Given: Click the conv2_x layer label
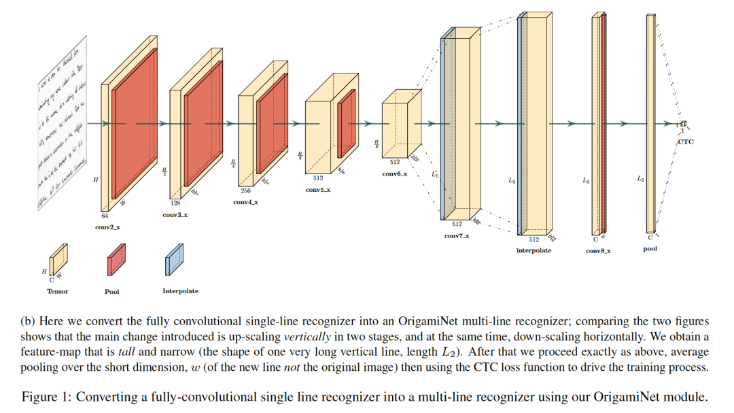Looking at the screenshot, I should [107, 227].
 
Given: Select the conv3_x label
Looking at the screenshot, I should [174, 215].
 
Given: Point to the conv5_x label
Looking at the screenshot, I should [318, 190].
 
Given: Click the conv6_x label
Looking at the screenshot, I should [394, 175].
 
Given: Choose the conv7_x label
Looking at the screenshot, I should [457, 235].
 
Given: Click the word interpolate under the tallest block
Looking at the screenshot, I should [534, 250].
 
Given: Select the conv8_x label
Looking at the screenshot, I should [598, 250].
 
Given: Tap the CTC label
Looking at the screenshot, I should [686, 142].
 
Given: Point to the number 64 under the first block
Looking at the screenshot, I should [105, 216].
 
